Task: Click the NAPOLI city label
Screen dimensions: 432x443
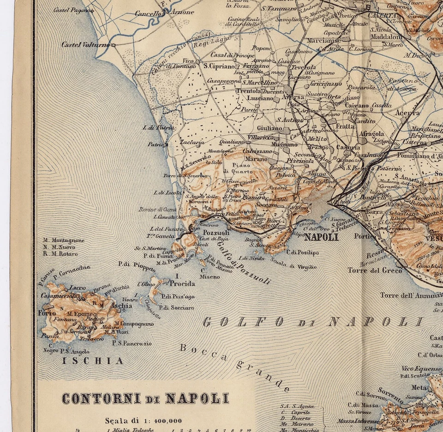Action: click(321, 238)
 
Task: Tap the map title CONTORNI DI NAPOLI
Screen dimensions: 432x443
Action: click(145, 398)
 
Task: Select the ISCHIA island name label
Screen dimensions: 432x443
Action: click(93, 361)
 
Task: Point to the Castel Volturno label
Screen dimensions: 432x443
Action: click(86, 45)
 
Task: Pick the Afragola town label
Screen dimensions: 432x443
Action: click(371, 134)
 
